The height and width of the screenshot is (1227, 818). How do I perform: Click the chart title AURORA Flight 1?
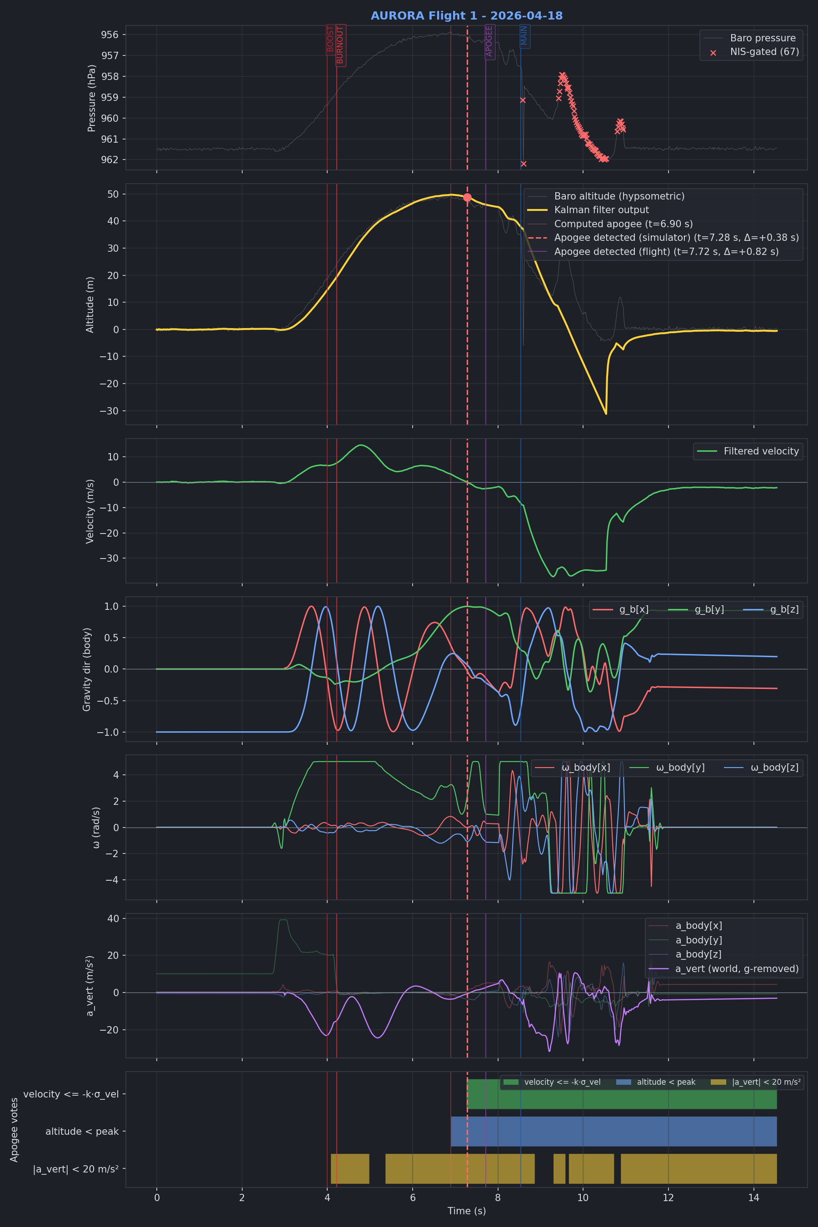pos(466,15)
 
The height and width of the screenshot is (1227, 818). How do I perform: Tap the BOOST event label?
pos(330,40)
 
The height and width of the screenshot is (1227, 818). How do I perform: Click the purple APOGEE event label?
pos(489,41)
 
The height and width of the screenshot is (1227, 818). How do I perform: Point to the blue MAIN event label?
pos(524,36)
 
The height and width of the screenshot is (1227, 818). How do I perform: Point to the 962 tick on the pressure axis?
pos(110,160)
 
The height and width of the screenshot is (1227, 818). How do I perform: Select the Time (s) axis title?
pos(466,1211)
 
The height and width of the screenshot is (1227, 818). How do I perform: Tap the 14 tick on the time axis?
pos(753,1198)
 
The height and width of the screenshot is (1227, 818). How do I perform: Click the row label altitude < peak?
pos(82,1132)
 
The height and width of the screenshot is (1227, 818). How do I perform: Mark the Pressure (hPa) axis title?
pos(92,98)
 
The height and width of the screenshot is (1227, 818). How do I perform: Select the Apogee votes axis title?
pos(14,1130)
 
